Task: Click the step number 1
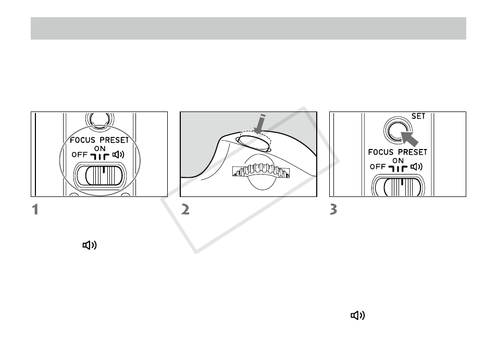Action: [35, 210]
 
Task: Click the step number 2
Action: [185, 210]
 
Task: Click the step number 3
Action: [333, 210]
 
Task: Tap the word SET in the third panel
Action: [418, 116]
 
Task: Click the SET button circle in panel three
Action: [397, 130]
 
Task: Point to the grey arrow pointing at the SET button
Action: [409, 139]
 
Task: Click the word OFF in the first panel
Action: [80, 155]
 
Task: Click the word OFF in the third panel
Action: [378, 167]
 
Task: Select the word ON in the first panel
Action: [100, 148]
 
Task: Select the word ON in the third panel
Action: [398, 160]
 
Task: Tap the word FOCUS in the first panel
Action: [82, 140]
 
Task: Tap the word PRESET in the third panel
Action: [413, 152]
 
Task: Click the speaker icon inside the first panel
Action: [118, 155]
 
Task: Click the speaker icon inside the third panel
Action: [416, 167]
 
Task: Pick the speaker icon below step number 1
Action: [90, 245]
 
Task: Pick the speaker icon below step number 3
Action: [358, 315]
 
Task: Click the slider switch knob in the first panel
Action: [104, 175]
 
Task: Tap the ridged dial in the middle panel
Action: [261, 170]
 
